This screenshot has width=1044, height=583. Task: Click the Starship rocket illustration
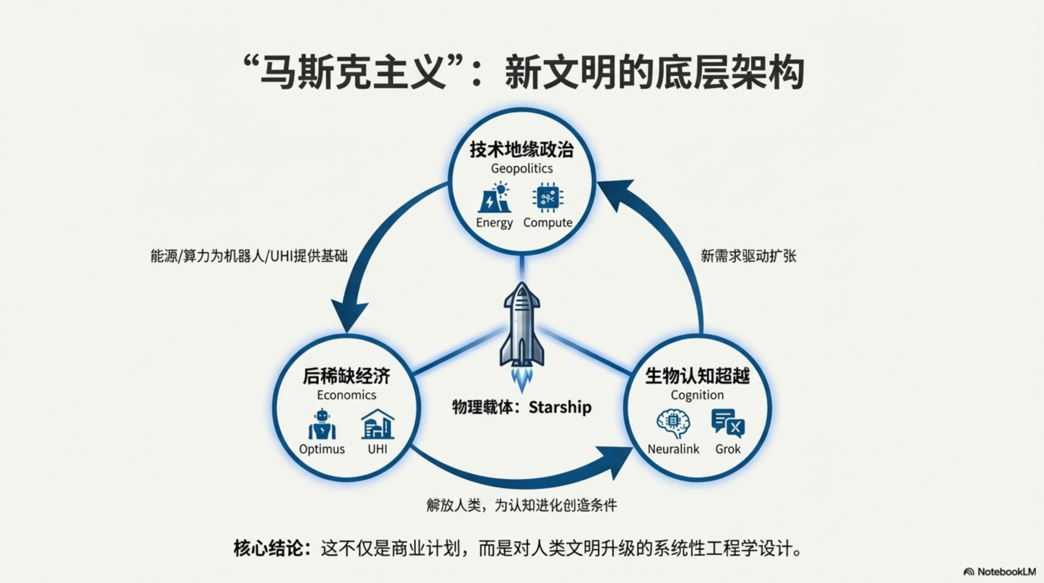pos(522,326)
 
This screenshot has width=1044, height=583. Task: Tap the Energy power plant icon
pos(494,198)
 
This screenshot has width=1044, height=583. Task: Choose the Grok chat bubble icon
pos(728,423)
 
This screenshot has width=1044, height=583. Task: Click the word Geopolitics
pos(522,168)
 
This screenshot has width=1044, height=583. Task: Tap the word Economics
pos(347,395)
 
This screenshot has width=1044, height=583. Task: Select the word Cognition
pos(697,395)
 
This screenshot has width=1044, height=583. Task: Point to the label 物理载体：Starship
pos(522,407)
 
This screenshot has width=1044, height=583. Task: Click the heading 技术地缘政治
pos(522,150)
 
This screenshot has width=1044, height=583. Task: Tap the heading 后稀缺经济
pos(347,376)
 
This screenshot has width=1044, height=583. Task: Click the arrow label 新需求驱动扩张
pos(748,256)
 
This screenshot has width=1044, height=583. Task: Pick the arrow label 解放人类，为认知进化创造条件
pos(522,505)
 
